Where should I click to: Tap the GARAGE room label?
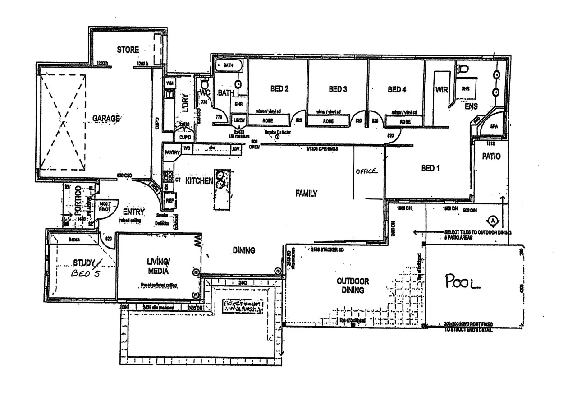[x=106, y=119]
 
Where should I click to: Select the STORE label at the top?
[x=128, y=50]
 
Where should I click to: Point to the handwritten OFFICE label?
[x=366, y=171]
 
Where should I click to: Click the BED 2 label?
[x=279, y=89]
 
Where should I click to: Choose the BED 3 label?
[x=338, y=89]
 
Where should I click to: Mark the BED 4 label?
[x=397, y=90]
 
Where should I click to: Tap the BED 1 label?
[x=430, y=168]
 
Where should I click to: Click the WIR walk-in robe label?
[x=441, y=90]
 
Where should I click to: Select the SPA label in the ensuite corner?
[x=494, y=127]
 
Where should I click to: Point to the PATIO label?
[x=491, y=157]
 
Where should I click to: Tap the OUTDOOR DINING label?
[x=353, y=286]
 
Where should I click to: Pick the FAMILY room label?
[x=306, y=193]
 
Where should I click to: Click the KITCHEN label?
[x=199, y=181]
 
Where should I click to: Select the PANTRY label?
[x=172, y=152]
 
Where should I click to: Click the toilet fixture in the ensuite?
[x=462, y=69]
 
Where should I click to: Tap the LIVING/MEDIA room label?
[x=158, y=267]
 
